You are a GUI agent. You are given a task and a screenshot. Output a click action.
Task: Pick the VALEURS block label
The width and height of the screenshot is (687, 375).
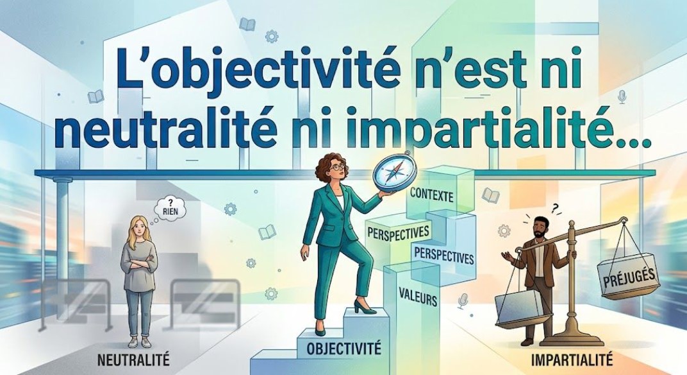coord(417,299)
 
